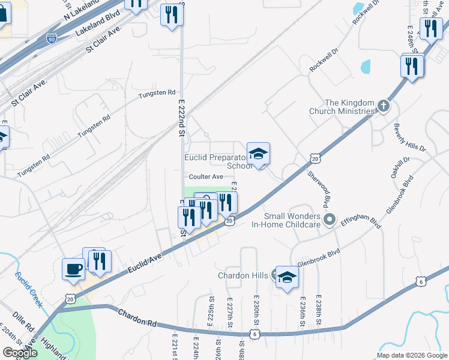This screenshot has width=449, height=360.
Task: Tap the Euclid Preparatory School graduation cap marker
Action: click(258, 154)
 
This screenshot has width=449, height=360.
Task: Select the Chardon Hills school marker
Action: click(288, 277)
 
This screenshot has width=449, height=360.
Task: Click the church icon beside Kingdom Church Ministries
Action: click(384, 107)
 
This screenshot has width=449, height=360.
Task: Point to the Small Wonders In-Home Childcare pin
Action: click(328, 220)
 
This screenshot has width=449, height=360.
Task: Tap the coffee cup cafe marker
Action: click(74, 269)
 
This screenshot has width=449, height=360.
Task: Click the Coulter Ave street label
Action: click(206, 176)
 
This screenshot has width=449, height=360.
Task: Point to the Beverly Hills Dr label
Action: click(409, 138)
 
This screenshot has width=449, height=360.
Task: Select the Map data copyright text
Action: click(411, 355)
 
